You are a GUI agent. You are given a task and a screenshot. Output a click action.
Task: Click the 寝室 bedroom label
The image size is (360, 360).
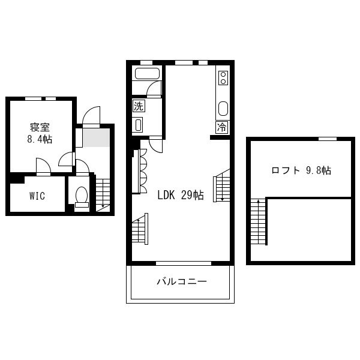click(40, 127)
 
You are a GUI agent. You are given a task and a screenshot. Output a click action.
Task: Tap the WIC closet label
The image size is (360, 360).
click(37, 196)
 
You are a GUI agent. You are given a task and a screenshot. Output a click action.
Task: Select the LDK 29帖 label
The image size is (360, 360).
click(181, 195)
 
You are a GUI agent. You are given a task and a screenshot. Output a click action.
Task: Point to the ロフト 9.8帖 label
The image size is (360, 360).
click(301, 170)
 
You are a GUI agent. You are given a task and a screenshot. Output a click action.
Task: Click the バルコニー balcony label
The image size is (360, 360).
click(182, 281)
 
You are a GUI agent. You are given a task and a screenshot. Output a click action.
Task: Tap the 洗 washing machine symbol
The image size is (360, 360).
click(139, 106)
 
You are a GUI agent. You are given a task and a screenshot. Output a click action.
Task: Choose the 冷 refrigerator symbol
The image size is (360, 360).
click(222, 127)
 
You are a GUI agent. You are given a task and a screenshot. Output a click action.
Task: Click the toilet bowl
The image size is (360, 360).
click(82, 197)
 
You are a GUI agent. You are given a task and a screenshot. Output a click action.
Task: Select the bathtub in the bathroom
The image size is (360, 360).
click(147, 73)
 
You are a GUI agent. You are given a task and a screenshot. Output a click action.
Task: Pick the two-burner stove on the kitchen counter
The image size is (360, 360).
click(223, 78)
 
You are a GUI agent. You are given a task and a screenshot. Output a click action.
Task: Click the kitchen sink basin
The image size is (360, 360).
click(223, 109)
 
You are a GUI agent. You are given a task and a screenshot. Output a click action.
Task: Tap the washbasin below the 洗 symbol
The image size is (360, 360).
click(138, 125)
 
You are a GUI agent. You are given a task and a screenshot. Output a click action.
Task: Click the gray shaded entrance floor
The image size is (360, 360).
click(96, 137)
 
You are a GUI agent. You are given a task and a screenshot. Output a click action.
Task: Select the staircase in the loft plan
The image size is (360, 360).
click(259, 221)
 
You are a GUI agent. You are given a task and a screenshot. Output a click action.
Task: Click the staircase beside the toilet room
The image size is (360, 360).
click(103, 195)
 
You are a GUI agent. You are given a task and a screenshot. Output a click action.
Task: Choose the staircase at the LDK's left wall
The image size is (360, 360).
click(140, 229)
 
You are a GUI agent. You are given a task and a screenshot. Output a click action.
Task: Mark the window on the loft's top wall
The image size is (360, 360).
click(328, 139)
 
